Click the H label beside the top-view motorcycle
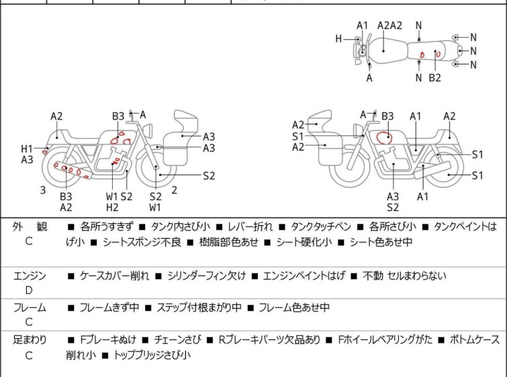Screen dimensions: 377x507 339,39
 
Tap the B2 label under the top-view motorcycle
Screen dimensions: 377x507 434,78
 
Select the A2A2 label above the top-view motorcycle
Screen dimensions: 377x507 389,26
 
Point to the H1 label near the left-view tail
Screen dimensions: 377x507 27,149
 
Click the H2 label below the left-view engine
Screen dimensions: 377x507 112,207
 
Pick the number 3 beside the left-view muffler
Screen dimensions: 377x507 43,190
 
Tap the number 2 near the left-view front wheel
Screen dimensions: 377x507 174,190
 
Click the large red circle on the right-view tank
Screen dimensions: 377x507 385,138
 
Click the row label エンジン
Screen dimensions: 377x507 30,276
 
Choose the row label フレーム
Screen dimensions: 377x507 30,308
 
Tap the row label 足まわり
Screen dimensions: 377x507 30,340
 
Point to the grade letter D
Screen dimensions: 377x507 29,290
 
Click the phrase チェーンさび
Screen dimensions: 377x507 175,340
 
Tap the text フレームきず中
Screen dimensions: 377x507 109,308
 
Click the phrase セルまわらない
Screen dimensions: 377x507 416,276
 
